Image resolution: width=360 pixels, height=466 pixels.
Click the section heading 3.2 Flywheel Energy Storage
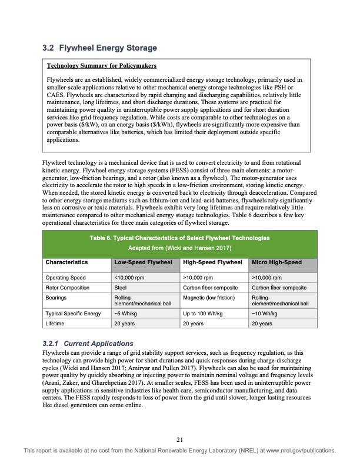click(x=100, y=47)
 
